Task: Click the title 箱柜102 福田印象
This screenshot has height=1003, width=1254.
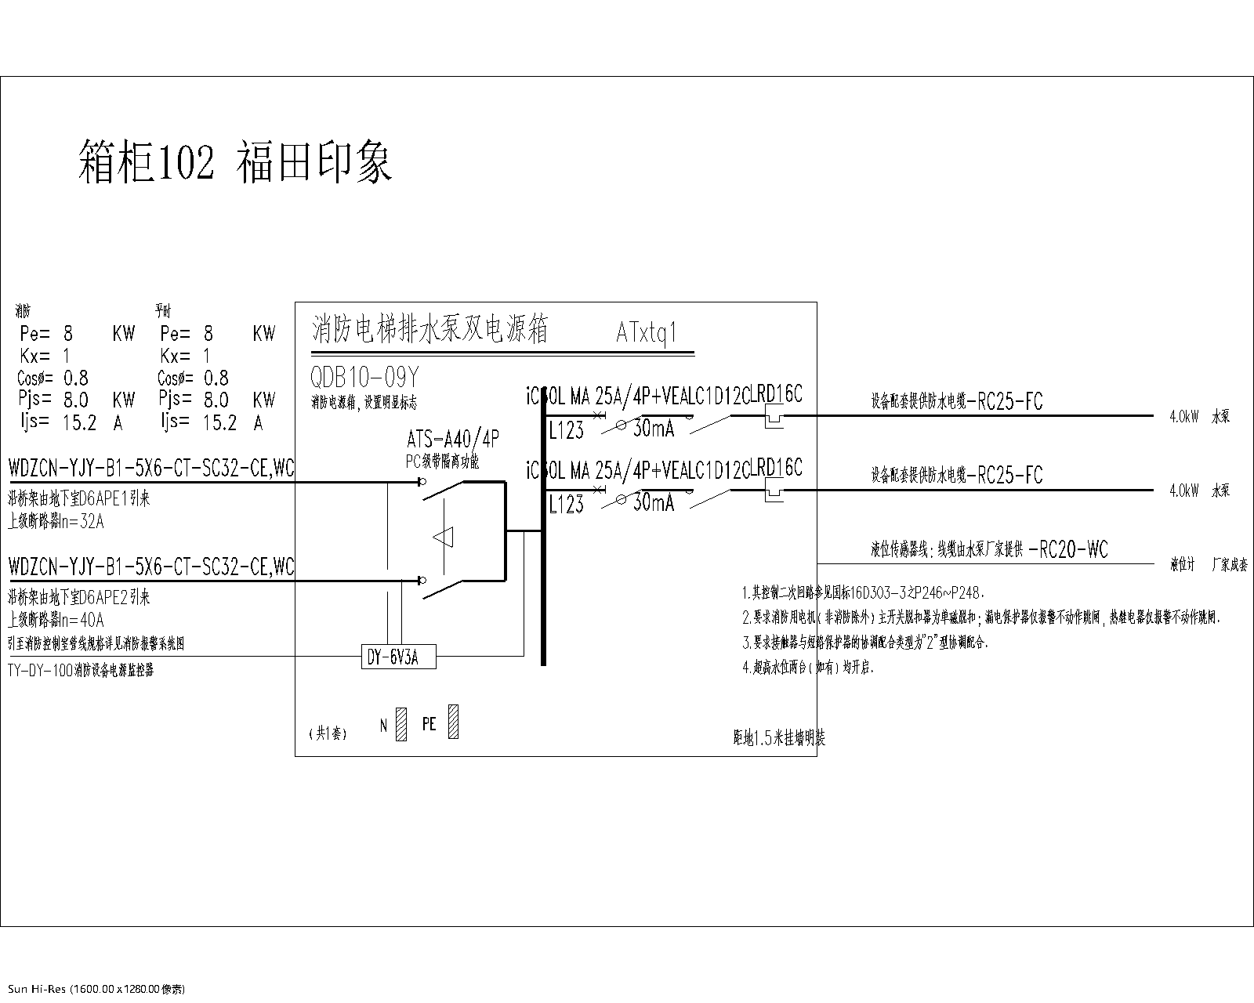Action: pyautogui.click(x=235, y=163)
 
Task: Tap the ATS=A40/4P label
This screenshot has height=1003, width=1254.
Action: pyautogui.click(x=453, y=437)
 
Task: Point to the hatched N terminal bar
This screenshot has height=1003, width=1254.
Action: pyautogui.click(x=402, y=724)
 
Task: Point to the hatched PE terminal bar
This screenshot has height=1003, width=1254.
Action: pyautogui.click(x=453, y=722)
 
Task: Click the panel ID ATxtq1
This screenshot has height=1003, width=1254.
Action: pyautogui.click(x=646, y=333)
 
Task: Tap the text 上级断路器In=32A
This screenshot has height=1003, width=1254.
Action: pyautogui.click(x=56, y=521)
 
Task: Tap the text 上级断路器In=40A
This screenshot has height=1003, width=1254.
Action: pyautogui.click(x=56, y=620)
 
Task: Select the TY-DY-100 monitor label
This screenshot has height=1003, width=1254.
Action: pyautogui.click(x=81, y=671)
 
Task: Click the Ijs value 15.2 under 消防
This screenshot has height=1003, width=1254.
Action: pyautogui.click(x=79, y=423)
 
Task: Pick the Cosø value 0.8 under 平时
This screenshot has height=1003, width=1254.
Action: pyautogui.click(x=216, y=378)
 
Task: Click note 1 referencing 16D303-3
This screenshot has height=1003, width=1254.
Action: pyautogui.click(x=862, y=593)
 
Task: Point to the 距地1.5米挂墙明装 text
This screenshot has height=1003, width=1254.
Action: pyautogui.click(x=778, y=737)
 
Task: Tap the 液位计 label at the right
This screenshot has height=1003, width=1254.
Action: pyautogui.click(x=1182, y=564)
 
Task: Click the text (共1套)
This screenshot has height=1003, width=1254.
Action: pyautogui.click(x=328, y=733)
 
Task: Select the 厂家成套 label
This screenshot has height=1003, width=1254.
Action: pyautogui.click(x=1229, y=564)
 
